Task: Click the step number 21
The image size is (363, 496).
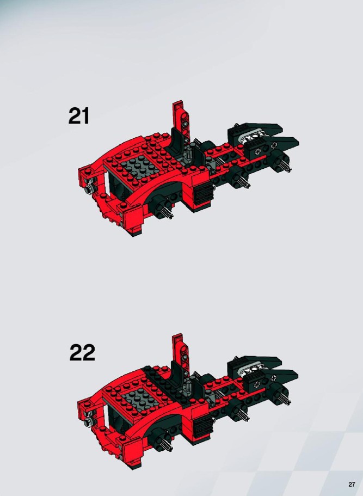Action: (x=79, y=116)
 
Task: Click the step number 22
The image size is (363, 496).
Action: (x=82, y=352)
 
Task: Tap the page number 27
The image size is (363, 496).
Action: (x=352, y=485)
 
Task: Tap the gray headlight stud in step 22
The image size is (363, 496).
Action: (x=89, y=421)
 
